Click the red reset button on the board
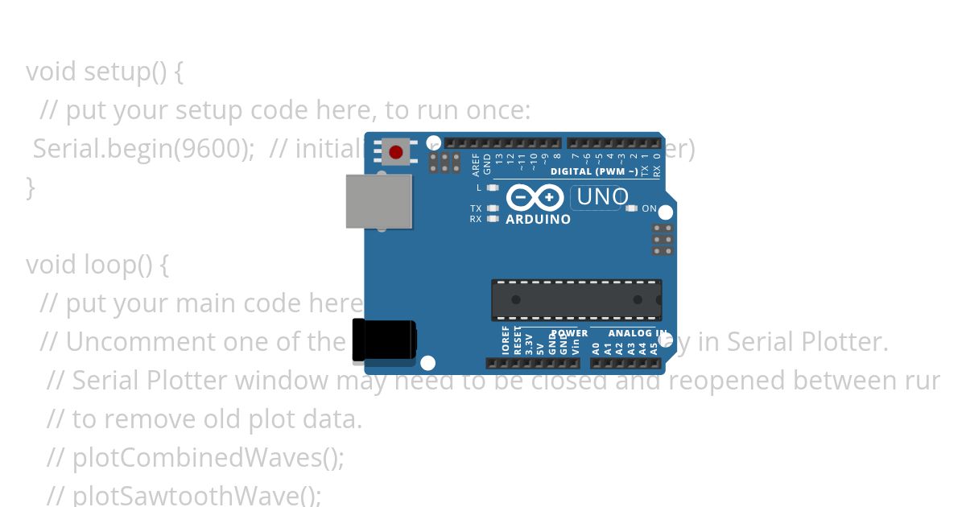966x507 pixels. [395, 152]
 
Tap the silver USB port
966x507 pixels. [378, 201]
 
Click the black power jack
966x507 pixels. [383, 340]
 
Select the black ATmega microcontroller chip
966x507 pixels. [576, 300]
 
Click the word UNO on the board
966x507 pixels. [602, 196]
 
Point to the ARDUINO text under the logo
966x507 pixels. [538, 219]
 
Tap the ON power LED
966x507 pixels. [631, 208]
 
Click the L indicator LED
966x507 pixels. [493, 188]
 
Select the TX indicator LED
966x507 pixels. [493, 208]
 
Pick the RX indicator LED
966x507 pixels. [493, 218]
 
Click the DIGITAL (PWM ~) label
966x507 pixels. [594, 171]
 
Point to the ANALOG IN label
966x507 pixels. [637, 333]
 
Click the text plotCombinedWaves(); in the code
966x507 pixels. [208, 458]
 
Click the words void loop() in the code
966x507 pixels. [97, 265]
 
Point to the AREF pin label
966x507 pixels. [476, 164]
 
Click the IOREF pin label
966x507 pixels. [506, 341]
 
